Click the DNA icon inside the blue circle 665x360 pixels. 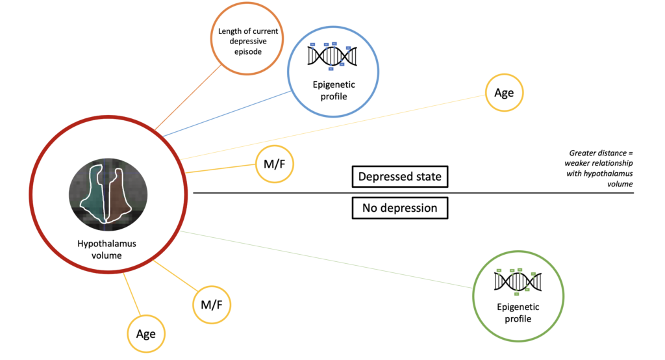pos(332,56)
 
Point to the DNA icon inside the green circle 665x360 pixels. pos(518,281)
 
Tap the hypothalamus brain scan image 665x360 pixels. pos(108,194)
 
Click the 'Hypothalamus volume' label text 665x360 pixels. pos(107,249)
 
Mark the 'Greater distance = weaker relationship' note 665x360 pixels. pos(599,168)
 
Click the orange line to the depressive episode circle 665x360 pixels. pos(188,97)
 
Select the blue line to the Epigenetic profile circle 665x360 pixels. pos(227,114)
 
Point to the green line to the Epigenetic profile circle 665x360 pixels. pos(327,260)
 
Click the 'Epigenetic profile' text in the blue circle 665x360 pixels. pos(334,90)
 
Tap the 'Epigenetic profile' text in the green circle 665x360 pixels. pos(518,313)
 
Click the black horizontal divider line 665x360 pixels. pos(414,193)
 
